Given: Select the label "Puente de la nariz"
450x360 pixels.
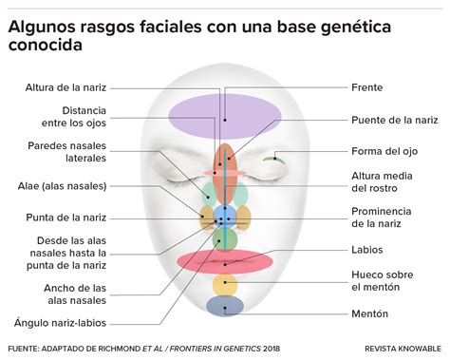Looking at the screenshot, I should pyautogui.click(x=394, y=120).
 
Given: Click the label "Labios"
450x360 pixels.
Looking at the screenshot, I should pyautogui.click(x=366, y=249).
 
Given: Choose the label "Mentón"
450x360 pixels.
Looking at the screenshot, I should pyautogui.click(x=370, y=313).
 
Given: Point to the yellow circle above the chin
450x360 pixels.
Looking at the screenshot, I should pyautogui.click(x=225, y=284).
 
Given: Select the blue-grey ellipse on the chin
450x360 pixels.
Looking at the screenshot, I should pyautogui.click(x=225, y=306).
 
